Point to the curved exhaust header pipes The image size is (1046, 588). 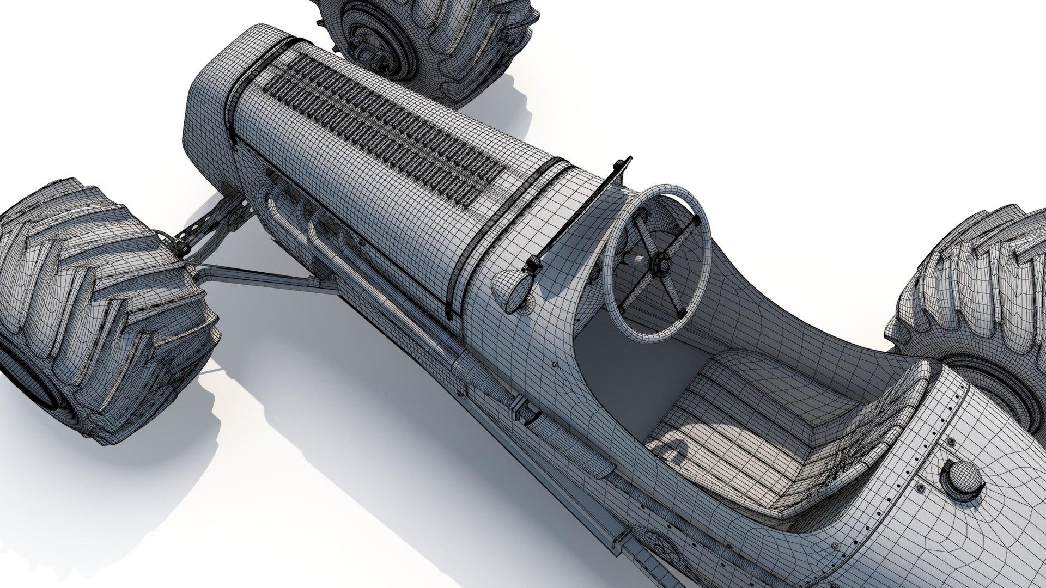305,218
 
